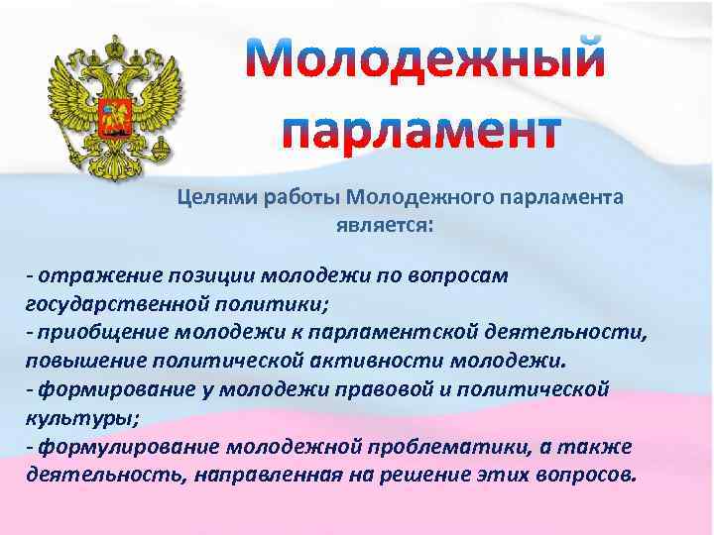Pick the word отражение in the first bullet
[87, 276]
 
